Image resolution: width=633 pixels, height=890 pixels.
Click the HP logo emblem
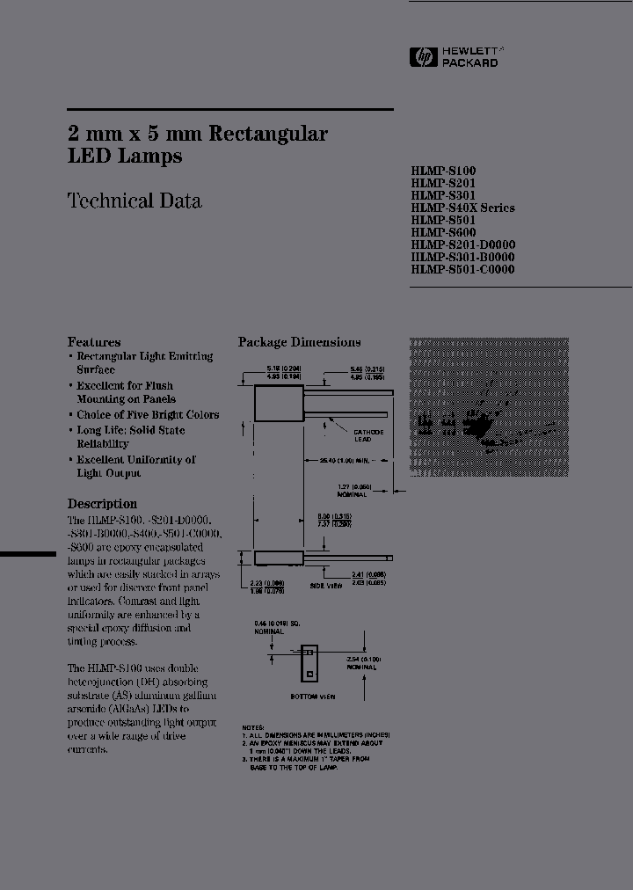pos(425,58)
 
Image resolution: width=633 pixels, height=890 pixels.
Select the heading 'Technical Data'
pos(135,201)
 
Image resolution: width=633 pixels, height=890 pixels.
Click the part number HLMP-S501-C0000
pos(462,269)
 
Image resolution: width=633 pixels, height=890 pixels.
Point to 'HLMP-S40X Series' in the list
pos(462,208)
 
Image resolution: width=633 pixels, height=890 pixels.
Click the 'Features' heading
pos(94,342)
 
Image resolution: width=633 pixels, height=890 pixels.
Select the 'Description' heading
pos(102,504)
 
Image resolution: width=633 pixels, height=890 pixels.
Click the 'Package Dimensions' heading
pos(299,342)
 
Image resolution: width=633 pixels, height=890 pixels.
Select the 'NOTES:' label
pos(251,727)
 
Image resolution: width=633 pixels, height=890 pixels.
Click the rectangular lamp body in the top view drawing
pos(273,405)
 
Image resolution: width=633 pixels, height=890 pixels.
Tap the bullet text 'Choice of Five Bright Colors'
pos(148,414)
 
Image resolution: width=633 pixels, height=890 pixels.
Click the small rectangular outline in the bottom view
pos(308,664)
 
